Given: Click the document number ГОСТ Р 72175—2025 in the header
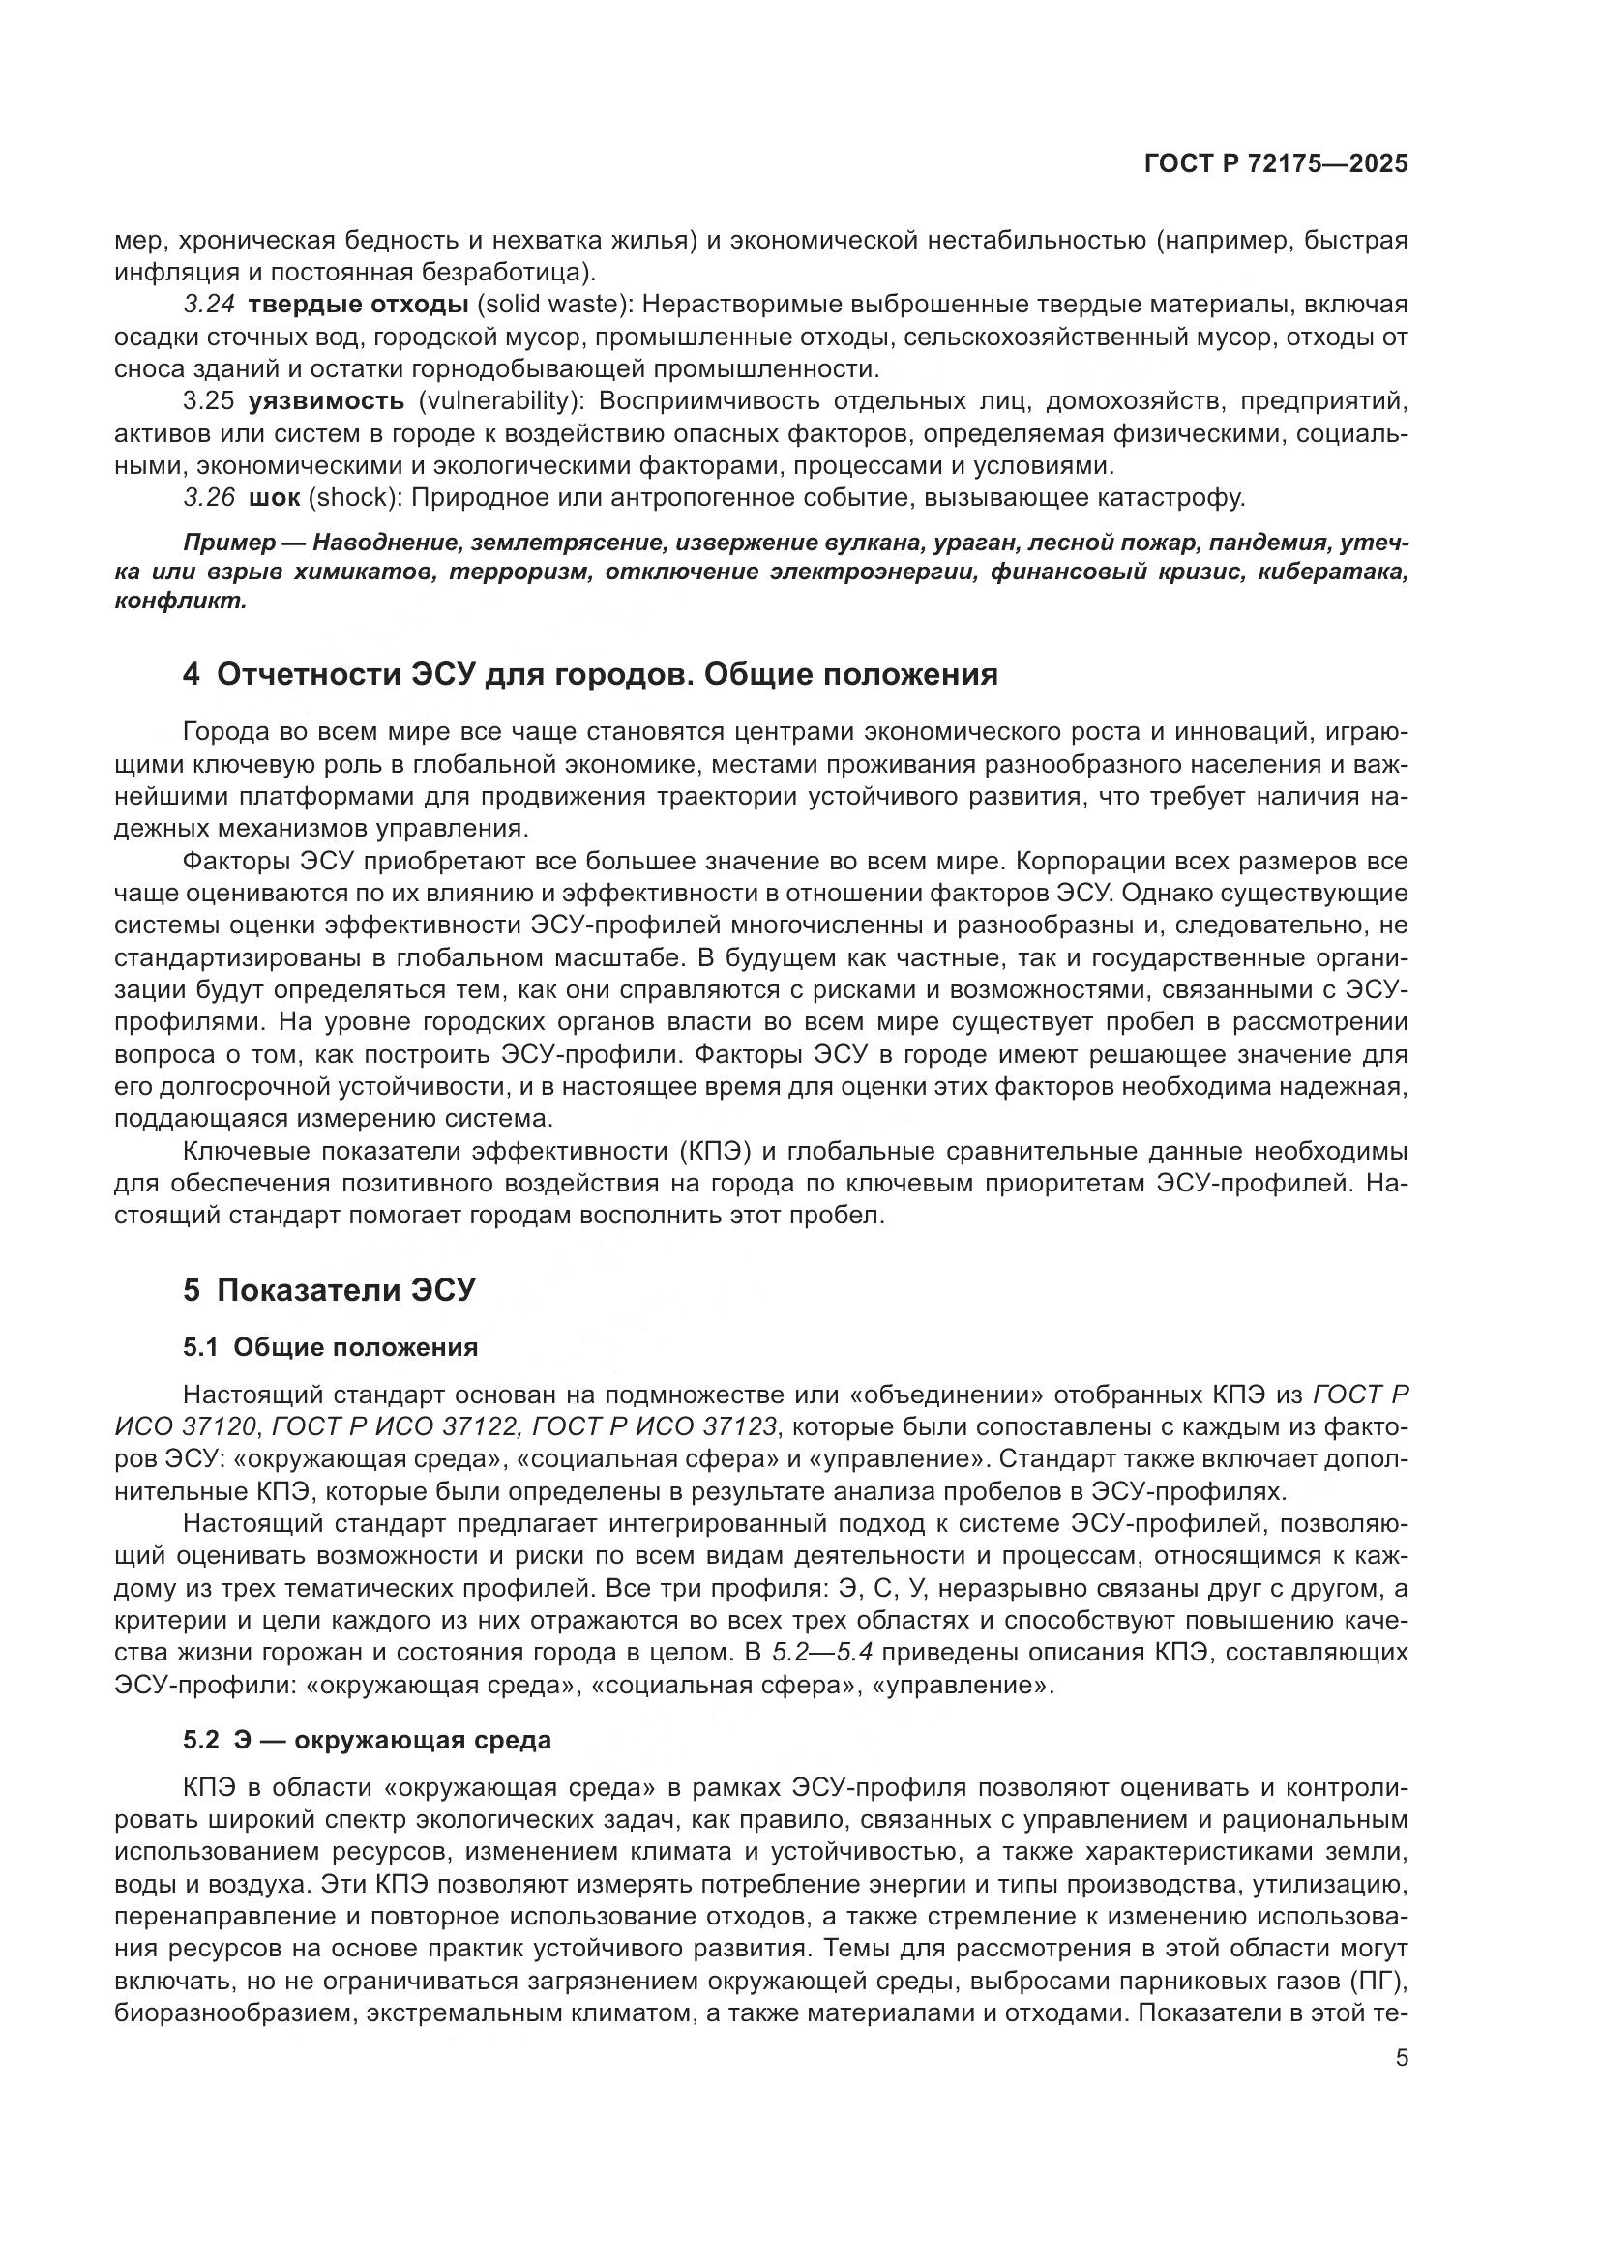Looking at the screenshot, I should pyautogui.click(x=1275, y=164).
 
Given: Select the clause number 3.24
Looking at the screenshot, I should pyautogui.click(x=209, y=305).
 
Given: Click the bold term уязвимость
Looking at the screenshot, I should pyautogui.click(x=326, y=401).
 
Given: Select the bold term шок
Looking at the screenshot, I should pyautogui.click(x=274, y=497).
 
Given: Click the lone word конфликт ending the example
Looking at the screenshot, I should pyautogui.click(x=179, y=602).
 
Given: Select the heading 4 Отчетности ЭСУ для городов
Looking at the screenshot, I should pyautogui.click(x=589, y=675).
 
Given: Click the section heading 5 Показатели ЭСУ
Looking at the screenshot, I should pyautogui.click(x=329, y=1290).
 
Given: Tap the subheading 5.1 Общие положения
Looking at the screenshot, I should pyautogui.click(x=330, y=1347).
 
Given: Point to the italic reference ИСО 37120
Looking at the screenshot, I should pyautogui.click(x=185, y=1425).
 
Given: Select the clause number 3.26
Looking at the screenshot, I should pyautogui.click(x=209, y=497).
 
